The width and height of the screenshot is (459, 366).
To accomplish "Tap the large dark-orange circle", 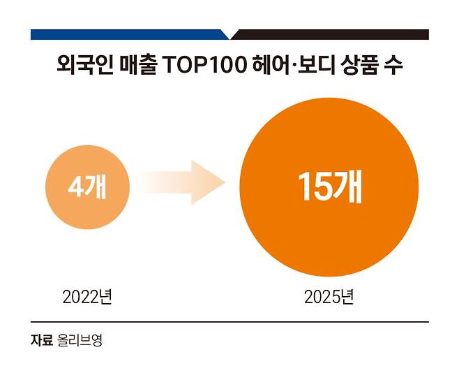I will click(x=330, y=186).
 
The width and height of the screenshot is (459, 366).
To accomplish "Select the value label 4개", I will click(x=87, y=187).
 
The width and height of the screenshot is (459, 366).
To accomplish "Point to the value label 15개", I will click(x=330, y=186).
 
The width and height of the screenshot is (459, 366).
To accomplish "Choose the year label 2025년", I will click(x=329, y=297).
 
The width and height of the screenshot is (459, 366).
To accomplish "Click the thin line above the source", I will click(x=229, y=323).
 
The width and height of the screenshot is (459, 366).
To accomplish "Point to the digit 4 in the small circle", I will click(x=75, y=187).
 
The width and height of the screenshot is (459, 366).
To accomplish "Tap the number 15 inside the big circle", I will click(x=313, y=186).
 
